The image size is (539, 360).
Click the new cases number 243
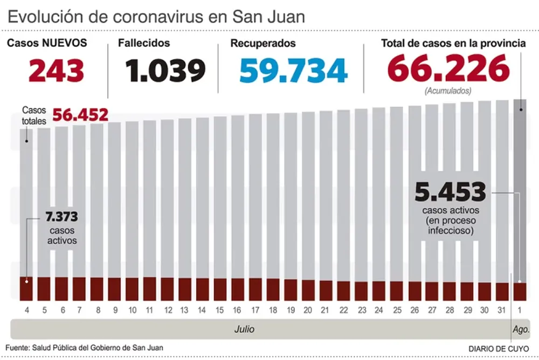pos(56,71)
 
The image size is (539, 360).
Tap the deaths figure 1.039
pos(165,71)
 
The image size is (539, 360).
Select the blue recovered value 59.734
pos(293,71)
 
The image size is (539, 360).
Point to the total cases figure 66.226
pos(448,69)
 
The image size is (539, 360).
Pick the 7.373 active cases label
pos(61,217)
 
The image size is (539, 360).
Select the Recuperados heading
pos(262,43)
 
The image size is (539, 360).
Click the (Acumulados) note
pos(448,91)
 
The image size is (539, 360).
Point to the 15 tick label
pos(219,311)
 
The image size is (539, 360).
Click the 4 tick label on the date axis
pos(26,311)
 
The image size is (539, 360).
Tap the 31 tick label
pos(501,311)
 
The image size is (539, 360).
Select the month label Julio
pos(244,329)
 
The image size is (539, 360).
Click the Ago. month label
pos(521,329)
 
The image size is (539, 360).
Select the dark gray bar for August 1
pos(520,189)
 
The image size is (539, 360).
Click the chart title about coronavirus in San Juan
pos(156,16)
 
